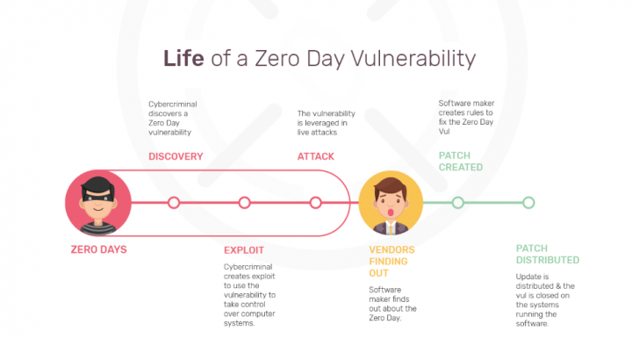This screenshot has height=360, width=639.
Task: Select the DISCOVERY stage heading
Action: point(175,156)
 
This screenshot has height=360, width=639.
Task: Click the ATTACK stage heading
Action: point(317,156)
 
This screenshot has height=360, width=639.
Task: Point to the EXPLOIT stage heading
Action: point(244,250)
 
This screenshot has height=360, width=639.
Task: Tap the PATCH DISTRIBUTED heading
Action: point(547,255)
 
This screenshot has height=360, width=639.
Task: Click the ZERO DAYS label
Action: point(98,249)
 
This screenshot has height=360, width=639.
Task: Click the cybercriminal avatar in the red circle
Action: point(98,203)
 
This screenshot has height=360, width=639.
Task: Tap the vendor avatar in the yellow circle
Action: point(391,203)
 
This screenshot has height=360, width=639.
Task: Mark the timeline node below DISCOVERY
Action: point(174,203)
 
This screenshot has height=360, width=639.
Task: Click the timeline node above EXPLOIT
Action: point(244,203)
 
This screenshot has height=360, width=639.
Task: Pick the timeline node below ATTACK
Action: point(315,203)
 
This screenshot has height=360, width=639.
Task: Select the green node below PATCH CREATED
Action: point(457,203)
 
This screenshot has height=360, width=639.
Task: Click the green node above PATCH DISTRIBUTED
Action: point(528,203)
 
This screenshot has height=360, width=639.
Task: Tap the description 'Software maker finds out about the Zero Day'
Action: point(392,304)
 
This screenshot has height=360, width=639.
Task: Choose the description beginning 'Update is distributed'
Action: point(544,299)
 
